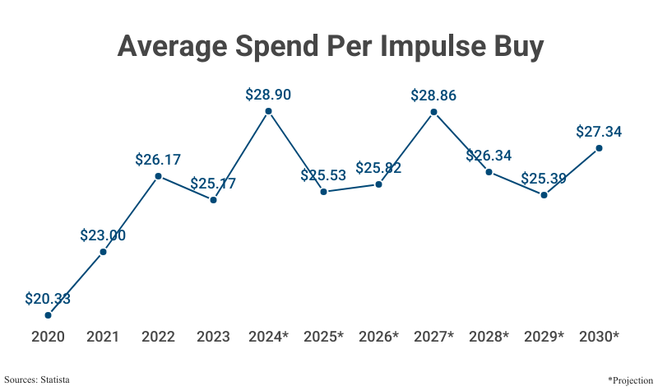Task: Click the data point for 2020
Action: (48, 314)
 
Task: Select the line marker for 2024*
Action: (268, 111)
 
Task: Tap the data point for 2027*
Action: (433, 112)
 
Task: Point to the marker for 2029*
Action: (544, 195)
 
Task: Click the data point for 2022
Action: (158, 176)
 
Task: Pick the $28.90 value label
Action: (268, 95)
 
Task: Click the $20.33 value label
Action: (48, 299)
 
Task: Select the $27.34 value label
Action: (599, 132)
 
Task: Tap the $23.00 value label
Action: (103, 235)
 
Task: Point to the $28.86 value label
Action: (433, 95)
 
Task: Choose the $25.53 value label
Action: (323, 175)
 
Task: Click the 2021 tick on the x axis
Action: (103, 337)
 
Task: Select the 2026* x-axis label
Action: (378, 337)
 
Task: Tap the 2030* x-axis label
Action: (599, 337)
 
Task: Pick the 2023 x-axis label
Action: (213, 337)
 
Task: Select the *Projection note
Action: (629, 379)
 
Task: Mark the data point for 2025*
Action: (323, 192)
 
